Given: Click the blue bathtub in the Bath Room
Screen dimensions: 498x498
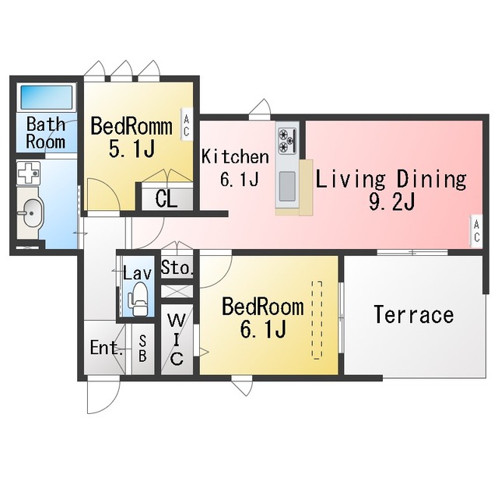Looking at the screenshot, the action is [x=47, y=96].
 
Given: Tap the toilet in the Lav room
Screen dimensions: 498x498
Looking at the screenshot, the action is [x=139, y=300].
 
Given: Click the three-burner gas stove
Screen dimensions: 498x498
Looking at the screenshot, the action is [x=287, y=140].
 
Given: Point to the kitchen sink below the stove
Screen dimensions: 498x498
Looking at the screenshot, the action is [x=287, y=186].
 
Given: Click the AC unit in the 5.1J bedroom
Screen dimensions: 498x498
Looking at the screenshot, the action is [x=187, y=124].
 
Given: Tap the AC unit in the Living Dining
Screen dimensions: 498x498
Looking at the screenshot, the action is [x=476, y=231].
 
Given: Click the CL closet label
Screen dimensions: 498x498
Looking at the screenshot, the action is [x=166, y=199].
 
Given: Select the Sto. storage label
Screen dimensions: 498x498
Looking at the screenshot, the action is [x=177, y=267].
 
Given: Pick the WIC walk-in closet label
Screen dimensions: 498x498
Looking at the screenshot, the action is [x=177, y=339].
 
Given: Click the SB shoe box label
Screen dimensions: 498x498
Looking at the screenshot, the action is [x=142, y=349].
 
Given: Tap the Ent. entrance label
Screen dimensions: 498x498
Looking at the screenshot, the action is [x=107, y=348].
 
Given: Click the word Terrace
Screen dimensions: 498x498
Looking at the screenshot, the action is [x=414, y=314].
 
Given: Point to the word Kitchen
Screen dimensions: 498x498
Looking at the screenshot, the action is [x=235, y=157].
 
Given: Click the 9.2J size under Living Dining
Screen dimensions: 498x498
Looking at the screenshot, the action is [x=391, y=202].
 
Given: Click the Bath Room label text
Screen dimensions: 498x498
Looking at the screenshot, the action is [x=46, y=133].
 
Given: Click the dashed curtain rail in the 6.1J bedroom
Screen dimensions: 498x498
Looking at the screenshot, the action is [x=317, y=320].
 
